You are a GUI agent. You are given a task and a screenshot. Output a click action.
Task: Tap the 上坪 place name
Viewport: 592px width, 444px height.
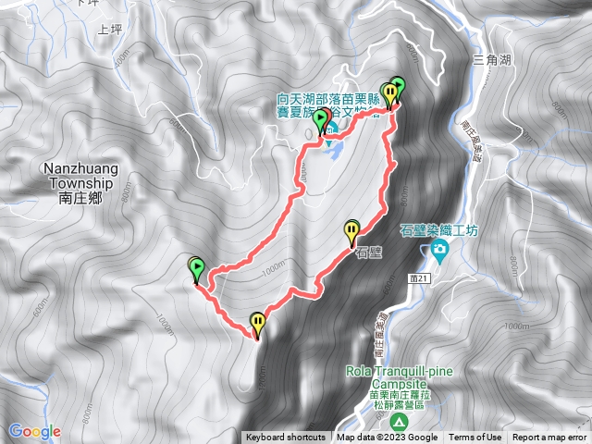110,29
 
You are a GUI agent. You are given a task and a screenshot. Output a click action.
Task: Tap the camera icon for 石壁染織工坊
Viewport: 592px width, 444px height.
438,251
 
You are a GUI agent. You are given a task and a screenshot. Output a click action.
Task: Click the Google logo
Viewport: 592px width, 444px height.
34,431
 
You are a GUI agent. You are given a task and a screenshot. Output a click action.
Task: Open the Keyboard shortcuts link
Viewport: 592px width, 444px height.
285,438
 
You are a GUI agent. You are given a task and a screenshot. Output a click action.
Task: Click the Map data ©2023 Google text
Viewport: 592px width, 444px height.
387,438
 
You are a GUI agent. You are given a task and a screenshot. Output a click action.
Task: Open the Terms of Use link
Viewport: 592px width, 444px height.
475,438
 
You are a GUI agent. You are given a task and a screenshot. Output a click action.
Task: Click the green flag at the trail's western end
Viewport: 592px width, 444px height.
196,269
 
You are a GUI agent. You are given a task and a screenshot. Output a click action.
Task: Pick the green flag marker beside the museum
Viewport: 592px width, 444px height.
322,121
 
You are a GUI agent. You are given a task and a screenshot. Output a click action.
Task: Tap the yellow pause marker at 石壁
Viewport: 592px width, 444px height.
351,229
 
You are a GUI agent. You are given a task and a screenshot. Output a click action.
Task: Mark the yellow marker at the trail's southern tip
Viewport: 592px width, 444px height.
257,324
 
